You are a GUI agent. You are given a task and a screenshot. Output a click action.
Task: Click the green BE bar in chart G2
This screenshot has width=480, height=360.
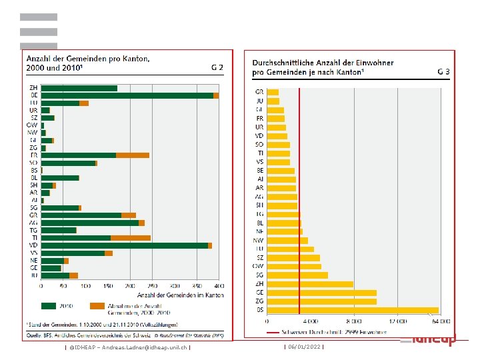click(x=127, y=95)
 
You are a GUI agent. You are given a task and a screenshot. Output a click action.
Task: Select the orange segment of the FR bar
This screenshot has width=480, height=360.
click(x=133, y=155)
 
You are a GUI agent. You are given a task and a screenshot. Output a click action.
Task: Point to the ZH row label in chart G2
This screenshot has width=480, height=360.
click(x=33, y=88)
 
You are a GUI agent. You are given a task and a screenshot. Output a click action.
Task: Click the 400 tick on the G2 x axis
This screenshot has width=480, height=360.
click(x=219, y=287)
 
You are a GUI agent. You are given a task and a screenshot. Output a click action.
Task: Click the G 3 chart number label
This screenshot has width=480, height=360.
click(x=444, y=70)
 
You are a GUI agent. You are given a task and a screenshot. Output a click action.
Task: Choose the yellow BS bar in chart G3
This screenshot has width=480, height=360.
click(x=353, y=310)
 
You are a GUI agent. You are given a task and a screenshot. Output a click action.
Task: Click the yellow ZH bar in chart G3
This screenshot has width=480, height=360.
click(x=310, y=284)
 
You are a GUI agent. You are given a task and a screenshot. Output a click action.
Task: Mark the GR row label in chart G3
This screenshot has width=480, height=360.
click(x=259, y=92)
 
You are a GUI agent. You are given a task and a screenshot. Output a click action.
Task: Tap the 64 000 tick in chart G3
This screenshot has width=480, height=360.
click(x=442, y=321)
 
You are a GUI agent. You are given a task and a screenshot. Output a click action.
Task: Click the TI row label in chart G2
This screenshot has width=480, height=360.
click(x=33, y=237)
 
